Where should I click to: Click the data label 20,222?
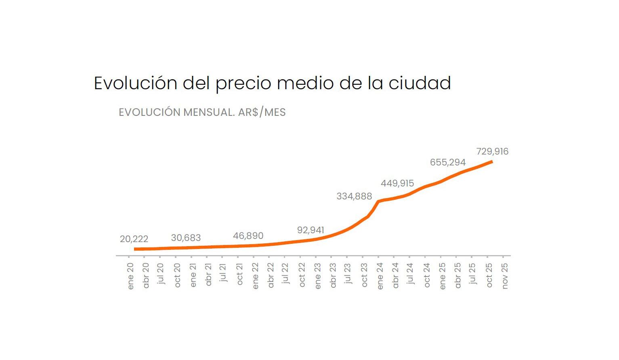(134, 239)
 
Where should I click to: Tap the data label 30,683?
(186, 238)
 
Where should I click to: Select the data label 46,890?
(248, 236)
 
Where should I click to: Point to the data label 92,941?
(311, 230)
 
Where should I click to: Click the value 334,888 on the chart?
(354, 197)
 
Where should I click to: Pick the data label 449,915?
(397, 183)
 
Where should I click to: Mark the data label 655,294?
(448, 162)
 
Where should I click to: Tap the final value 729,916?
(492, 151)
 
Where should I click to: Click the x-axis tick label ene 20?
(130, 276)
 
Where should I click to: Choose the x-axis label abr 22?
(271, 275)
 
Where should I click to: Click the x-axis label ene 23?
(318, 276)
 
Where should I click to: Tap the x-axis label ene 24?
(380, 276)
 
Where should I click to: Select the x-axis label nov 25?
(505, 276)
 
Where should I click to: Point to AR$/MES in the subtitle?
(262, 112)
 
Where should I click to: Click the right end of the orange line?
(491, 162)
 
